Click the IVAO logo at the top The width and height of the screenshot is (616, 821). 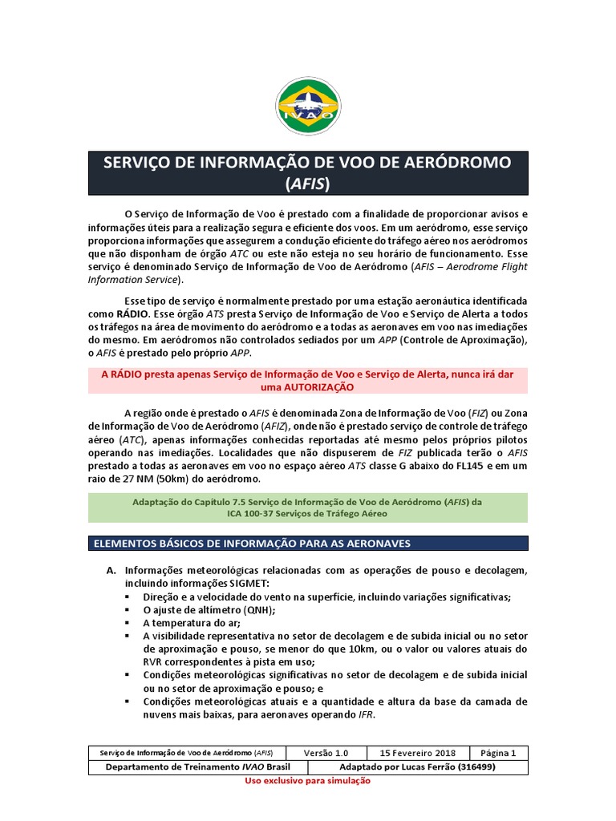point(307,106)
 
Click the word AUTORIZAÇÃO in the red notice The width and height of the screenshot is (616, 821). point(307,386)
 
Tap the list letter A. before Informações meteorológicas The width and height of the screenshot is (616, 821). point(111,570)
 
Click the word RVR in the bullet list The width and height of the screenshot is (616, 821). point(156,662)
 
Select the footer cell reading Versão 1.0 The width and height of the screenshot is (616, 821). point(326,753)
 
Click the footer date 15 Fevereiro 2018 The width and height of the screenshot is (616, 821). point(417,753)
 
